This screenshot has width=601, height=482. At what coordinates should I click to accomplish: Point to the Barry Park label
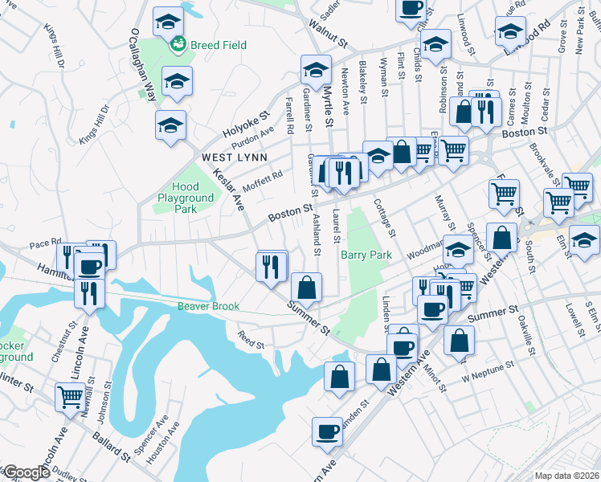coord(366,255)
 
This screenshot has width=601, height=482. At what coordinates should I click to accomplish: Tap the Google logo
coord(26,472)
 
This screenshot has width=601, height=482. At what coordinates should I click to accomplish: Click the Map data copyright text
coord(566,476)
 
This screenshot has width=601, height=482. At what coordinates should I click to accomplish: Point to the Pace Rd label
coord(45,242)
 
